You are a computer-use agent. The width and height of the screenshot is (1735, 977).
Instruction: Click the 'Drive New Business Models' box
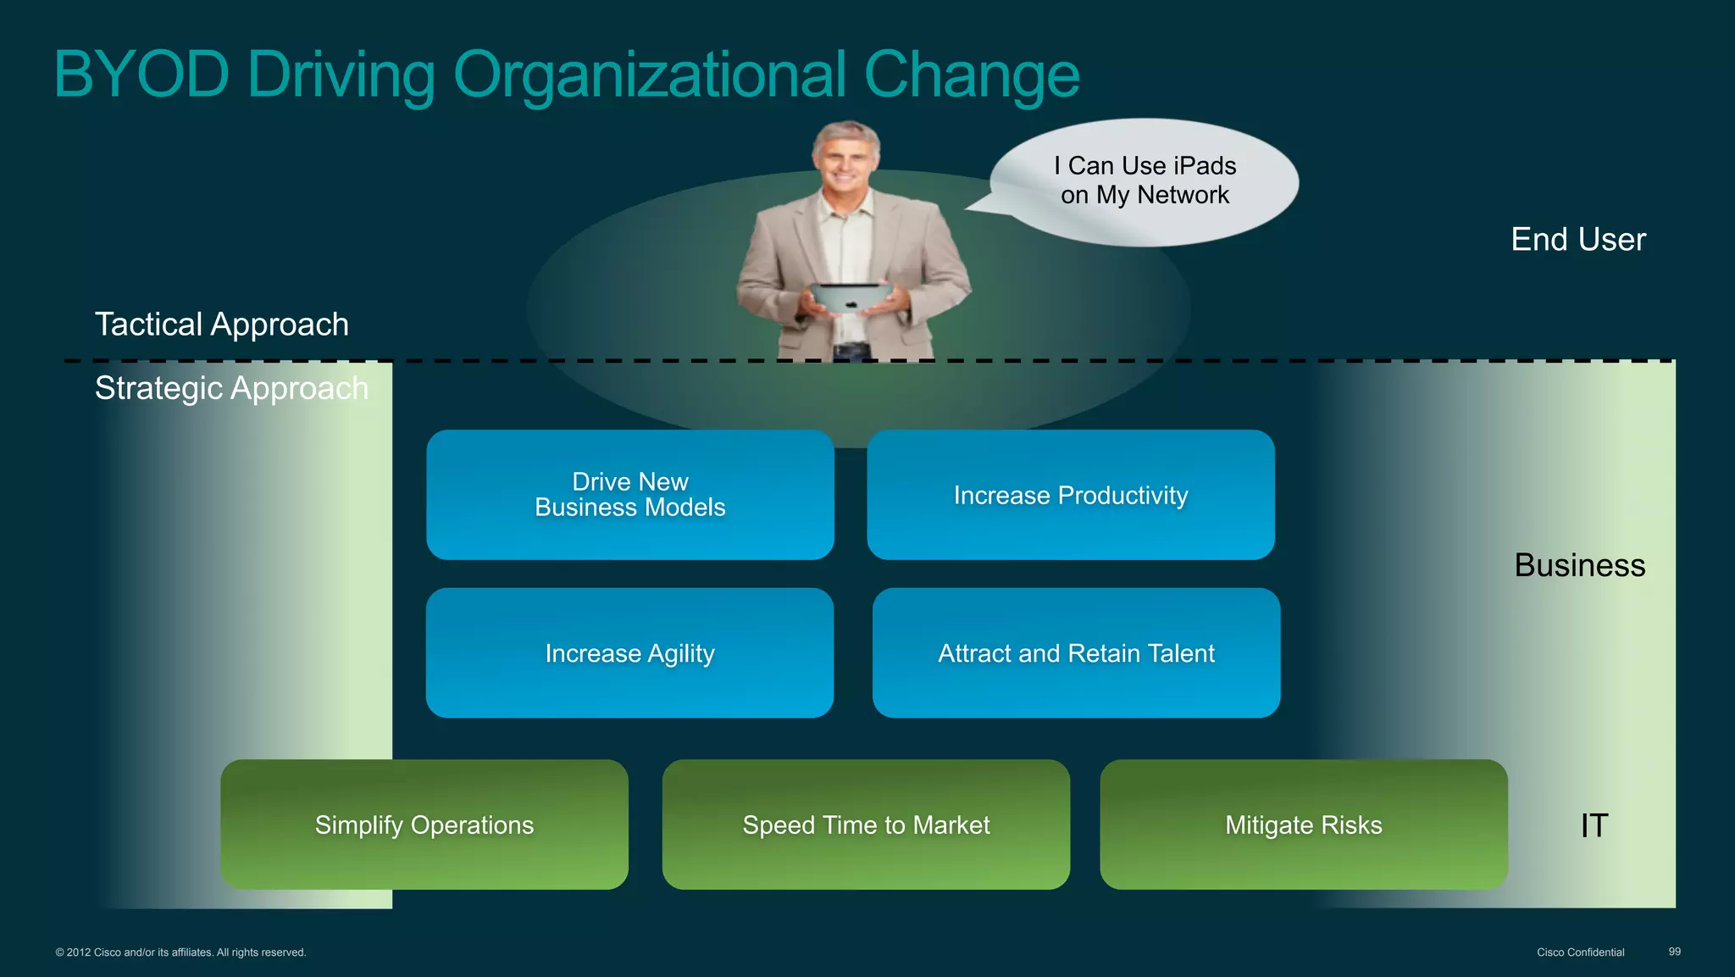click(629, 495)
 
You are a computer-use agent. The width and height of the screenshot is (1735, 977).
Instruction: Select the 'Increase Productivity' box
click(1070, 495)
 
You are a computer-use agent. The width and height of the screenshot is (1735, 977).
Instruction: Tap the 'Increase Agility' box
click(629, 653)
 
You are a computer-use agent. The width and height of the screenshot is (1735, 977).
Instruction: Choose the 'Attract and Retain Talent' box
click(1076, 653)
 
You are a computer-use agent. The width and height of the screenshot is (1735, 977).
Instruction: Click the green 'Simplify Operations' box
click(424, 824)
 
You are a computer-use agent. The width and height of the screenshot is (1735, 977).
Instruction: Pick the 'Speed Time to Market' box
click(866, 824)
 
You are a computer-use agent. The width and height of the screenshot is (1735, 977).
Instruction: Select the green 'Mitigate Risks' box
click(1303, 824)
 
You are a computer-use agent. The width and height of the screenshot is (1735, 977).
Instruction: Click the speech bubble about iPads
click(1145, 180)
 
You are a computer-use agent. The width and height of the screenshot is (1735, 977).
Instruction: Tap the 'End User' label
click(1578, 240)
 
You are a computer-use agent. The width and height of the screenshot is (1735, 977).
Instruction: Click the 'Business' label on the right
click(1579, 565)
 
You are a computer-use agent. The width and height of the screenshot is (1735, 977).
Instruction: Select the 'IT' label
click(1594, 825)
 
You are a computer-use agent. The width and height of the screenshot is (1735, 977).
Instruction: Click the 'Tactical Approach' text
click(222, 325)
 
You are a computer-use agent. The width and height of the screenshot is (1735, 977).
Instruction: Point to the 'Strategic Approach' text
click(231, 388)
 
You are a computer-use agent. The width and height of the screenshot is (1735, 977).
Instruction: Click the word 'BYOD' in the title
click(141, 75)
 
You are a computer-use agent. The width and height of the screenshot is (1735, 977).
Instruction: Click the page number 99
click(1674, 952)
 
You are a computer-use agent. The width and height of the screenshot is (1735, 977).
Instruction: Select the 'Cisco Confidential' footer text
click(1580, 952)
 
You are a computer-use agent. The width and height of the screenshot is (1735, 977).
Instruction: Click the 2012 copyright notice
click(180, 952)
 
